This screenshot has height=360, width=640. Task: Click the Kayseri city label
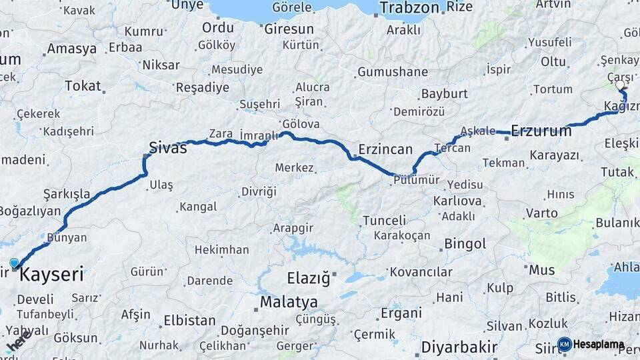coord(52,274)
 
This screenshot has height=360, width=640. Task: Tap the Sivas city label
coord(167,148)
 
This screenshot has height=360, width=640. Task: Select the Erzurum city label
coord(541,131)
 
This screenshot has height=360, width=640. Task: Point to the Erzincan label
coord(385,149)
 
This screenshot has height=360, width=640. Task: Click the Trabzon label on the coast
coord(409,8)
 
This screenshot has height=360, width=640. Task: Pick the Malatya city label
coord(289,302)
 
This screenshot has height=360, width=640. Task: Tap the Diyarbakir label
coord(459,347)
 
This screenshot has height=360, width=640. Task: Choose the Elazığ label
coord(308,279)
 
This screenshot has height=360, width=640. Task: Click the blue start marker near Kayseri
coord(14,263)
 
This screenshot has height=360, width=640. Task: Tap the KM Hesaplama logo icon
coord(565,345)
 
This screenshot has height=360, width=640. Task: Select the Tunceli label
coord(384,221)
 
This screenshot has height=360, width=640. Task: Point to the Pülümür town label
coord(416,179)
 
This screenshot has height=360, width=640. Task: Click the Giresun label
coord(289,29)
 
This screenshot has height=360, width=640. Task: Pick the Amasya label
coord(71,49)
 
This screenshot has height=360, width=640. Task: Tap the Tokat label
coord(83,85)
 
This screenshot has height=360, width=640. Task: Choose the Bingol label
coord(465,244)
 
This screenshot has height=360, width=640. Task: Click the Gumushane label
coord(392,72)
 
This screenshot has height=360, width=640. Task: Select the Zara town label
coord(221,133)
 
